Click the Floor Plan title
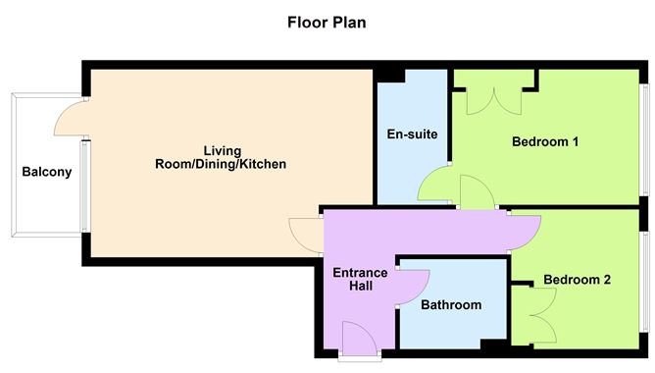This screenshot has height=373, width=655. pyautogui.click(x=327, y=22)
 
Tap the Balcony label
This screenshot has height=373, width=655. pyautogui.click(x=47, y=173)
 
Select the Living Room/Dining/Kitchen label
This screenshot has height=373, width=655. pyautogui.click(x=222, y=157)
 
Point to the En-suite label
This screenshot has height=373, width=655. pyautogui.click(x=412, y=133)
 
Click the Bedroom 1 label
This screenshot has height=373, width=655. pyautogui.click(x=545, y=141)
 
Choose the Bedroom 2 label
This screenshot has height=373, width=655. pyautogui.click(x=577, y=280)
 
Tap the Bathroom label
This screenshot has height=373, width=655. pyautogui.click(x=451, y=305)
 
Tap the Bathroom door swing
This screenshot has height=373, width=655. pyautogui.click(x=410, y=287)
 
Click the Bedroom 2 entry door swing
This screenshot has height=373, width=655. pyautogui.click(x=524, y=227)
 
